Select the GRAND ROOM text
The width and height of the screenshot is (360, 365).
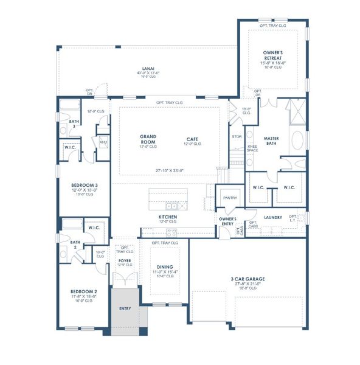click(148, 139)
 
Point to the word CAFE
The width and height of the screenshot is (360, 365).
click(192, 139)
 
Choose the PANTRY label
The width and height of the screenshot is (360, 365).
click(230, 198)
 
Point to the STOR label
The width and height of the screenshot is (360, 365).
click(237, 137)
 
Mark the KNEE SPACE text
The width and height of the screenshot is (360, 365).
click(252, 148)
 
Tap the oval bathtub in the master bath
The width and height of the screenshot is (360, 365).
click(297, 141)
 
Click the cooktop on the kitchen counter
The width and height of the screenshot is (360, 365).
click(171, 232)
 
